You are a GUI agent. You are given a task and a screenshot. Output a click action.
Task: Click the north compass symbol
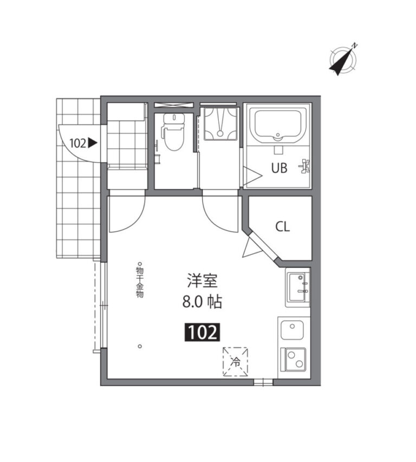click(343, 60)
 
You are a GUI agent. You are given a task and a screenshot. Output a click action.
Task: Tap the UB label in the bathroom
click(279, 168)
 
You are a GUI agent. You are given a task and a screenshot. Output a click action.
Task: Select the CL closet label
click(283, 226)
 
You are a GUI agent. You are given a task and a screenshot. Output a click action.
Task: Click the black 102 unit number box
click(203, 333)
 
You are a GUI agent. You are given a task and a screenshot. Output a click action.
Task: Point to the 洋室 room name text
click(203, 281)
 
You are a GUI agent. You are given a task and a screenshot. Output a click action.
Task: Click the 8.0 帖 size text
click(202, 302)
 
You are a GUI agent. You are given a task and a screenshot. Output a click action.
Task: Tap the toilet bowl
click(173, 133)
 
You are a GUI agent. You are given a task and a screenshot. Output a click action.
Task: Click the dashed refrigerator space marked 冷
click(235, 362)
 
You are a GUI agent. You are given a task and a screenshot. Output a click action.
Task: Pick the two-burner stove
click(294, 360)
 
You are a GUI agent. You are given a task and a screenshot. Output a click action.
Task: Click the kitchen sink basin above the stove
click(292, 330)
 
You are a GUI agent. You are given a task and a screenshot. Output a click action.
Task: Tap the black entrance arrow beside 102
click(93, 143)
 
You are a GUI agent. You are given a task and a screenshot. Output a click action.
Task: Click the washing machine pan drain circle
click(220, 133)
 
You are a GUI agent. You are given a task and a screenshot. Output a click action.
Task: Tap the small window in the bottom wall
click(263, 382)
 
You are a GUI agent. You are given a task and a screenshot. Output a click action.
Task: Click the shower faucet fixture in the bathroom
click(305, 166)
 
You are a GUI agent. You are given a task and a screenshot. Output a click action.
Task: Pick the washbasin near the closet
click(297, 287)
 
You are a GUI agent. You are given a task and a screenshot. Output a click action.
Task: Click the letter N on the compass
click(355, 45)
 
